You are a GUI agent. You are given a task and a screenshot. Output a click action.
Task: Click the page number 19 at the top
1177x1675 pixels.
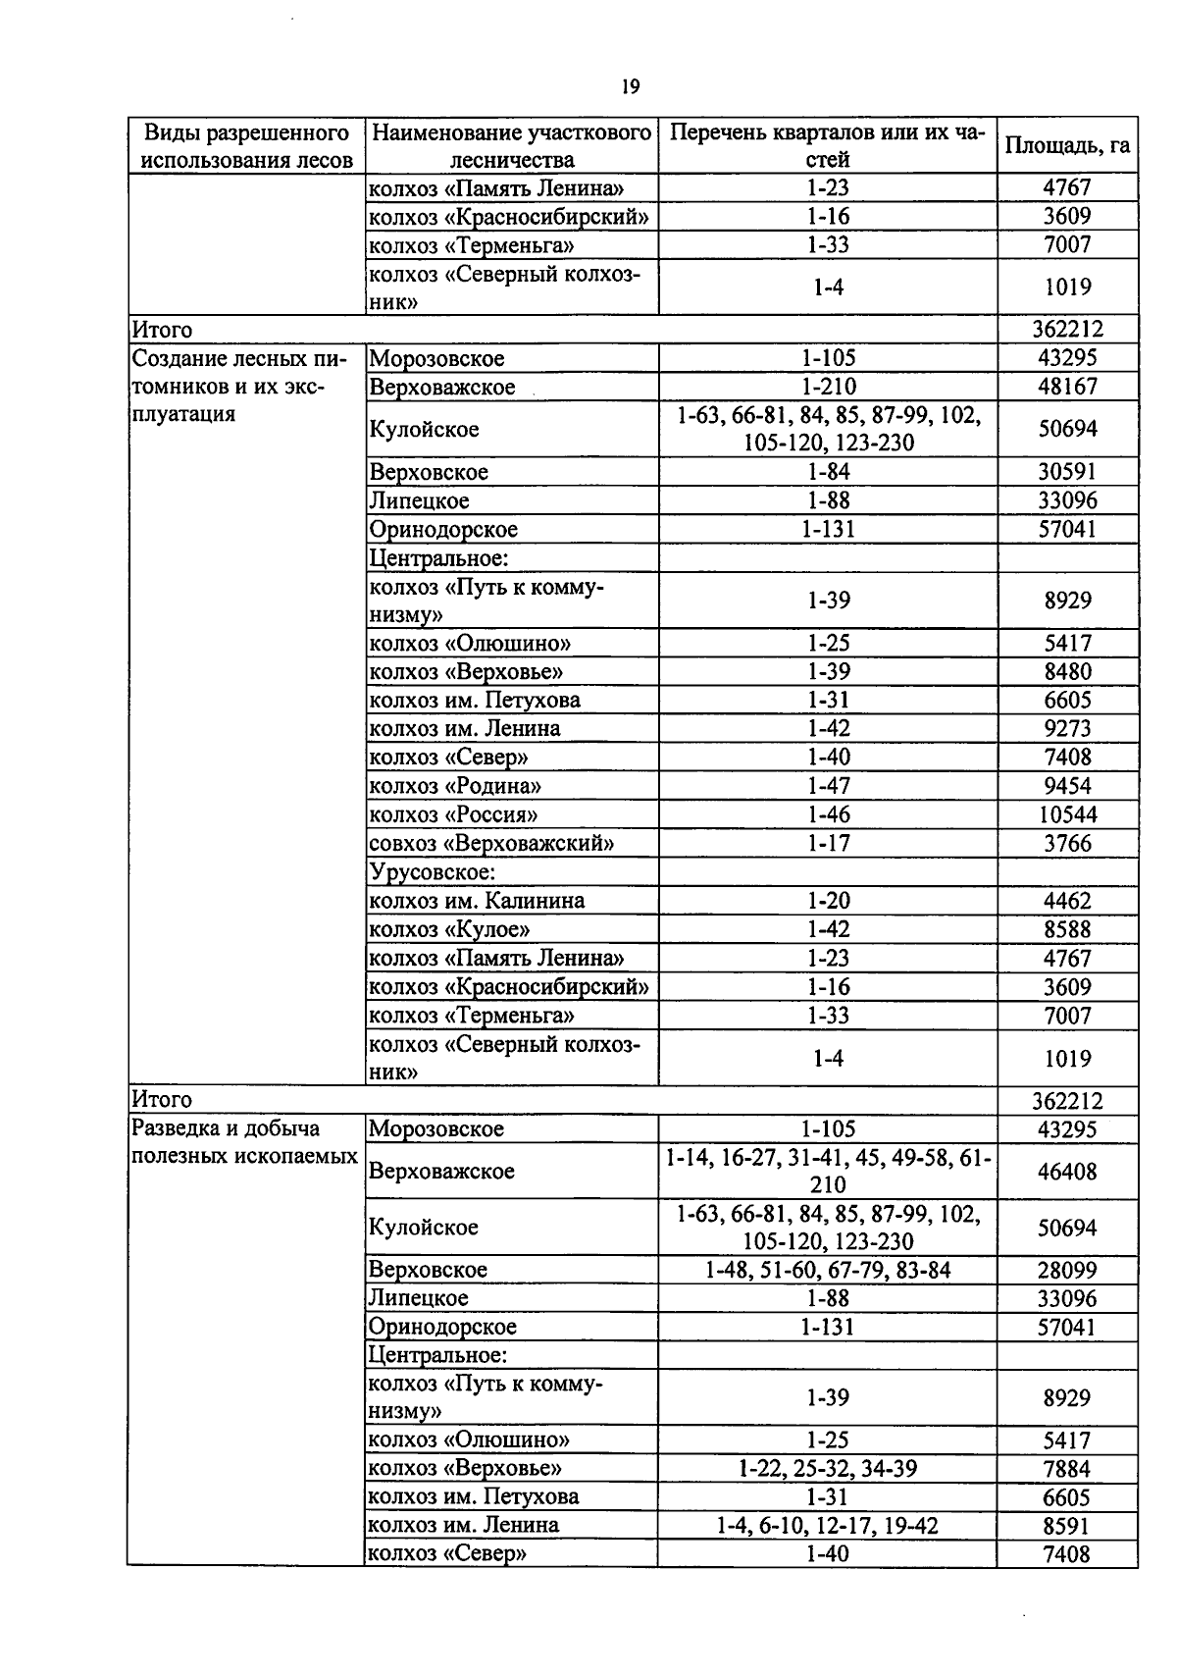631,87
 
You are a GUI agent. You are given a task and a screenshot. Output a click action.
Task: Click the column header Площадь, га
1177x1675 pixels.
1067,146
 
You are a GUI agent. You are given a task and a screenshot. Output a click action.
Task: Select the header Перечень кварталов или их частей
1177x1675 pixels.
827,146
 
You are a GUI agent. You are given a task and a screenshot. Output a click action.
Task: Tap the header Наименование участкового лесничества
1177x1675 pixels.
512,146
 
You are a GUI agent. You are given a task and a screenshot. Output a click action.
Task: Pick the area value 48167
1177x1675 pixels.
1067,387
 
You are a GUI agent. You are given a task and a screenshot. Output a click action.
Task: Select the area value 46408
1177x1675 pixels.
1067,1171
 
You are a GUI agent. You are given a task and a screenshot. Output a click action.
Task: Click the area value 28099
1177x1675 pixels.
1067,1270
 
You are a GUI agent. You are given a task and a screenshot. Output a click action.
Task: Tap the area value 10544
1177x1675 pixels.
1067,814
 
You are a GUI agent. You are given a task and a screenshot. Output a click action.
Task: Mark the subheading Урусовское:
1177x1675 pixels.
432,871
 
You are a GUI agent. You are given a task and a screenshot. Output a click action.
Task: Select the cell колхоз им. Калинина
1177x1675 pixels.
477,900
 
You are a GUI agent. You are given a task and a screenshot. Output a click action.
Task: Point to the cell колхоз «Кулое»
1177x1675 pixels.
449,928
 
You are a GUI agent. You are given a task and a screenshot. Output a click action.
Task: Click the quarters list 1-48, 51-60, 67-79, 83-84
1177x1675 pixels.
827,1270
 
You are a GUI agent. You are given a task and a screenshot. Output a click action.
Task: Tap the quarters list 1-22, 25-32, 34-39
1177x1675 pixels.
827,1468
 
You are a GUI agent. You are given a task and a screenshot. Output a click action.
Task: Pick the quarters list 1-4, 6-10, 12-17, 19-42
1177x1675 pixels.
827,1525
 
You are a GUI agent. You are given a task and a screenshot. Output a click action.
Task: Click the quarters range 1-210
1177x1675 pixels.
827,387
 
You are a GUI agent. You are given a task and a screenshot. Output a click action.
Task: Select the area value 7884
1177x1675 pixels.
1067,1469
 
